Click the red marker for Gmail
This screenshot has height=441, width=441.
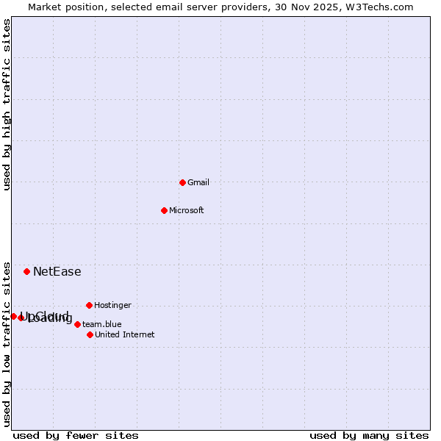point(182,182)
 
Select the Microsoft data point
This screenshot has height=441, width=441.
point(164,210)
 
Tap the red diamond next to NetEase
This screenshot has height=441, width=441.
point(26,271)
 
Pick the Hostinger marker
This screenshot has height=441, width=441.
point(89,305)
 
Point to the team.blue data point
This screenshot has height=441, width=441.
point(77,324)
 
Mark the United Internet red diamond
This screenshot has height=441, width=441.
point(90,334)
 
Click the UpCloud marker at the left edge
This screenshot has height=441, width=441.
point(13,316)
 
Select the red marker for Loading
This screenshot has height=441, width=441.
point(21,318)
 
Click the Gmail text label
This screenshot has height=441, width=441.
point(198,182)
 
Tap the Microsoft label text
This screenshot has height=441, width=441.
point(187,210)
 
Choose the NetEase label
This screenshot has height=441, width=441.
point(57,271)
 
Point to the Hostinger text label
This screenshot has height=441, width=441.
point(112,305)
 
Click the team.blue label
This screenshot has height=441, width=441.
point(102,324)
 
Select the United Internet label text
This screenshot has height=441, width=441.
point(125,334)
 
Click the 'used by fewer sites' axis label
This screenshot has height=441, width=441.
point(76,435)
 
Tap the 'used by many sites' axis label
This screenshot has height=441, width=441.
point(369,435)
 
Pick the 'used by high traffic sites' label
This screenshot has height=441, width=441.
point(7,104)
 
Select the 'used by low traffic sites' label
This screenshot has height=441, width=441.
point(7,343)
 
